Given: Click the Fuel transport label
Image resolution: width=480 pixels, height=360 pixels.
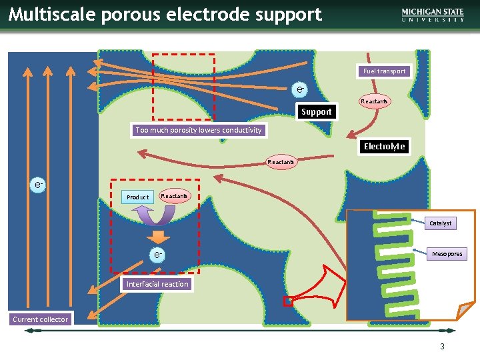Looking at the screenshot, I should click(x=384, y=71).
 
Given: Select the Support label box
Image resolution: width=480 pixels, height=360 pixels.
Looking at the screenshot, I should click(x=316, y=112).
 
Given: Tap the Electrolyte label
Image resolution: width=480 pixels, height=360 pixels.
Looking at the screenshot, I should click(x=384, y=146).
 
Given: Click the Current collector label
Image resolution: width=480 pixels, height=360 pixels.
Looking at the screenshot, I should click(x=40, y=319).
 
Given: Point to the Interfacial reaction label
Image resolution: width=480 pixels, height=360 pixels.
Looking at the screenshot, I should click(x=157, y=284).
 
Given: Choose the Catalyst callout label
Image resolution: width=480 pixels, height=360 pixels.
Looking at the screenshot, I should click(x=440, y=223).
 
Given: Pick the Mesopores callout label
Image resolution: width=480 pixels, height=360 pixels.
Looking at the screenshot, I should click(x=447, y=254).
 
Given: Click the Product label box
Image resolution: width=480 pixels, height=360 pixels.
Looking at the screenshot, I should click(x=138, y=197).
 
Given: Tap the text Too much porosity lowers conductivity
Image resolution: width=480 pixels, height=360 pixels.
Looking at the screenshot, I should click(x=199, y=130).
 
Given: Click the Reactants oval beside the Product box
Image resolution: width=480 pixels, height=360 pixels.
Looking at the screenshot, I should click(x=174, y=196).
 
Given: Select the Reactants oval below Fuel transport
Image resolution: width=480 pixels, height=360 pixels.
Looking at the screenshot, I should click(x=374, y=101).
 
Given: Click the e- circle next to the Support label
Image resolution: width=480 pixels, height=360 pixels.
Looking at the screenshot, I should click(x=301, y=89).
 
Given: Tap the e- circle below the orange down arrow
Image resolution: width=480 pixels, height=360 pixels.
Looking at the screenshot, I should click(x=157, y=255).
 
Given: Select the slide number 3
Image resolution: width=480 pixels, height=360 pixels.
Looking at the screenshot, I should click(x=441, y=347).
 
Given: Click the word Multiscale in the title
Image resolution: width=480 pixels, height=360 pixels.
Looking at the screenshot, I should click(x=47, y=14).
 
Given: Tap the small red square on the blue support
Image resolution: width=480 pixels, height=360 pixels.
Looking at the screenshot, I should click(x=288, y=301).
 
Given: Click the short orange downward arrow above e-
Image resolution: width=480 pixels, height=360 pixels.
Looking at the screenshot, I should click(x=157, y=237).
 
